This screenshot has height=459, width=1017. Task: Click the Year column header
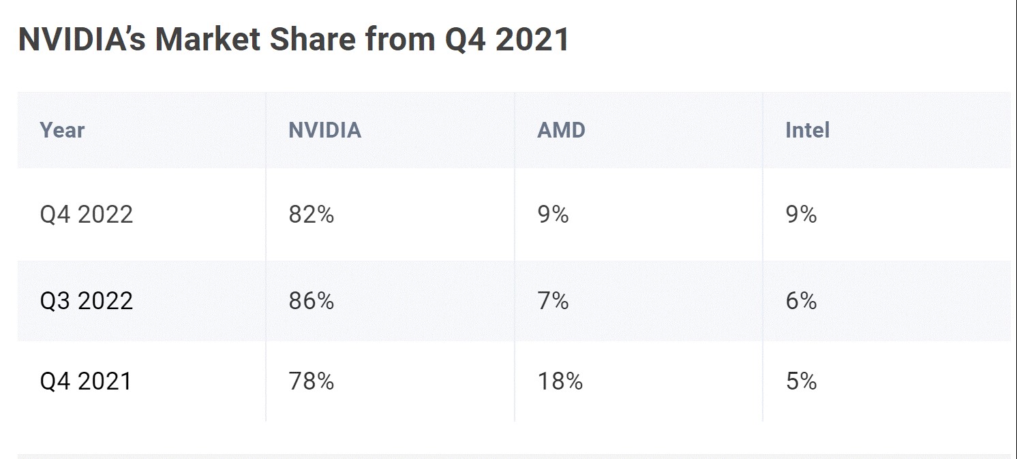pyautogui.click(x=62, y=130)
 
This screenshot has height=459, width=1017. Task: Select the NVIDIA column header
pyautogui.click(x=324, y=130)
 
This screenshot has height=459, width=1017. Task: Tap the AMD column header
pyautogui.click(x=561, y=130)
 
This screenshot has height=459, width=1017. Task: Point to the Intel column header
pyautogui.click(x=807, y=130)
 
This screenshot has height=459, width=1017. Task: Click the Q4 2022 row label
pyautogui.click(x=86, y=215)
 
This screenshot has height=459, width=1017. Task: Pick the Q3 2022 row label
pyautogui.click(x=86, y=300)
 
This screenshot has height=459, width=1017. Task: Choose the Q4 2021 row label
pyautogui.click(x=86, y=381)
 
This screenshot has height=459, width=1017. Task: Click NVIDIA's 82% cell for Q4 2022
pyautogui.click(x=311, y=215)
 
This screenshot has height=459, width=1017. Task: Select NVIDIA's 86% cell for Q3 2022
pyautogui.click(x=311, y=300)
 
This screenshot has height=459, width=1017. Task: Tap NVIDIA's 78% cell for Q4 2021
pyautogui.click(x=311, y=381)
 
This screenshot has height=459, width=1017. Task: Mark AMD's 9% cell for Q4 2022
pyautogui.click(x=553, y=215)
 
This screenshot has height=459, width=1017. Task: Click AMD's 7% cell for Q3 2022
pyautogui.click(x=553, y=300)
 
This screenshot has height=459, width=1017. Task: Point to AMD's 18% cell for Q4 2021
pyautogui.click(x=560, y=381)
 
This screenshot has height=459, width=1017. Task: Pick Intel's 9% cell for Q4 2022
pyautogui.click(x=801, y=215)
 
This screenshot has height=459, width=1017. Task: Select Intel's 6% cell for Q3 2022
pyautogui.click(x=801, y=300)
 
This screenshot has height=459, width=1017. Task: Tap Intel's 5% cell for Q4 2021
pyautogui.click(x=801, y=381)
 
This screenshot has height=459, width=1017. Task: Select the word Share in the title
pyautogui.click(x=313, y=39)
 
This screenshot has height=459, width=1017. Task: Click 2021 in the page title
pyautogui.click(x=532, y=39)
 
